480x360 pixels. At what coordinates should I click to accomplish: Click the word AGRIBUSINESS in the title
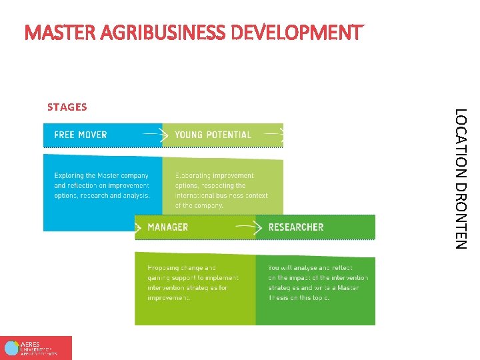click(144, 32)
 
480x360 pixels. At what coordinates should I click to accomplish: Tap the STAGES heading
click(67, 107)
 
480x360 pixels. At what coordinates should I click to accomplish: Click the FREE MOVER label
click(80, 135)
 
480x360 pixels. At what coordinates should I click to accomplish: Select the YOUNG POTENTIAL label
click(213, 135)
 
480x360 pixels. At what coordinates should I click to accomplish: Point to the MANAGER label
click(167, 227)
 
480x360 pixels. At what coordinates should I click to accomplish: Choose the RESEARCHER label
click(295, 227)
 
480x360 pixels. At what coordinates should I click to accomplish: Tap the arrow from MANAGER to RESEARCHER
click(247, 227)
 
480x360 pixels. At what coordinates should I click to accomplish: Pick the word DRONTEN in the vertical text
click(461, 214)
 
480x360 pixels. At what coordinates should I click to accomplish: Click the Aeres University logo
click(36, 347)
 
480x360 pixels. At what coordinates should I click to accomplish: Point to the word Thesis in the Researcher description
click(279, 298)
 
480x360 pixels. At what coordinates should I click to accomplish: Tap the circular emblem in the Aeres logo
click(11, 348)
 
